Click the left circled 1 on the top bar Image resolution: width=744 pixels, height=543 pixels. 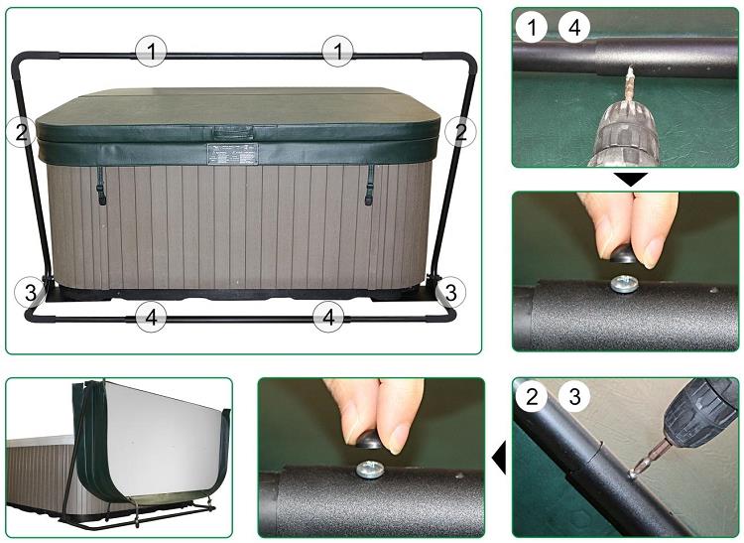coord(151,51)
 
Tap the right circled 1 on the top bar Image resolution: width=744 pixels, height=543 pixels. coord(337,51)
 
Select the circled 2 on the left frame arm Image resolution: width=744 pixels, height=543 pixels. coord(22,131)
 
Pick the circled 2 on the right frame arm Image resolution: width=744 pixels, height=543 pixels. coord(460,131)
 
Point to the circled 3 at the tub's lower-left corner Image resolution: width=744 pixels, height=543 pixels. coord(30,292)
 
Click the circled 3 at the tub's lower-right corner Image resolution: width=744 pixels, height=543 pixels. coord(450,292)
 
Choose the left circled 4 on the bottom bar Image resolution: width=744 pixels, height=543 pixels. coord(151,317)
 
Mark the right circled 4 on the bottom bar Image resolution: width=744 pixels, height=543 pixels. coord(328,317)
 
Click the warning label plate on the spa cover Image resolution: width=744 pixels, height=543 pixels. coord(232,154)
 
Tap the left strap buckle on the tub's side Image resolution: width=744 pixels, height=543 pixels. coord(101,192)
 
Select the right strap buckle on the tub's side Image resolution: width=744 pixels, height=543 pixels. coord(368,194)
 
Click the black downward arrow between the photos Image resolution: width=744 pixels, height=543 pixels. coord(630,180)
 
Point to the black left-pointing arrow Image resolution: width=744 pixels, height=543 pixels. coord(499,458)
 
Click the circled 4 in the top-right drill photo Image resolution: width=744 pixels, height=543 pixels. coord(574,28)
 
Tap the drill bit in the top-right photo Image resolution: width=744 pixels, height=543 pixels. coord(629,86)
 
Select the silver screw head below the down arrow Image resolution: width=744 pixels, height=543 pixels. coord(624,284)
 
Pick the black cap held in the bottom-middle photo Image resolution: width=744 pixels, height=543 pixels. coord(369,441)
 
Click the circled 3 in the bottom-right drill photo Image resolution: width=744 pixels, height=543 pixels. coord(574,395)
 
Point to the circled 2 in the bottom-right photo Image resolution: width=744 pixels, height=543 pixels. coord(532,395)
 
